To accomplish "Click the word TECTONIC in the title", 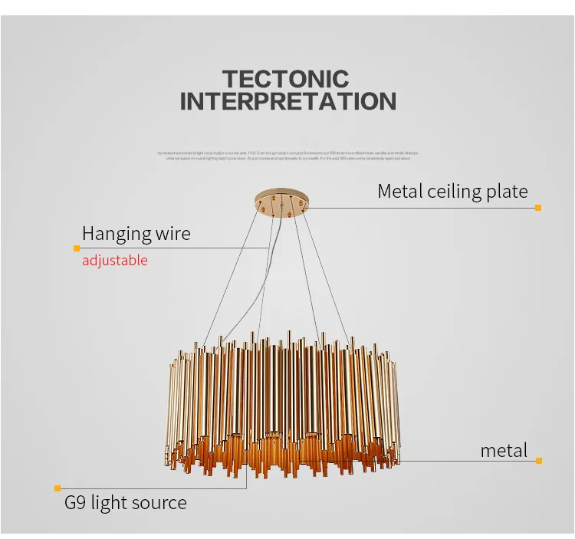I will point(285,78).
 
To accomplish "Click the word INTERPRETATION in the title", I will point(287,101).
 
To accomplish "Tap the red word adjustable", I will point(115,261).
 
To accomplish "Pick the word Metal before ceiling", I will point(402,192).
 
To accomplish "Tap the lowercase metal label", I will point(504,450).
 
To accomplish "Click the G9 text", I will point(75,503).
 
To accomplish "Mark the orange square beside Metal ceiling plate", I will point(538,207).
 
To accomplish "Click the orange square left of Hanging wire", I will point(77,248).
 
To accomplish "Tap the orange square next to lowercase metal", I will point(539,461).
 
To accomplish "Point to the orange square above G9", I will point(58,488).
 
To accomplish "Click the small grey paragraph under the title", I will point(287,156).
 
